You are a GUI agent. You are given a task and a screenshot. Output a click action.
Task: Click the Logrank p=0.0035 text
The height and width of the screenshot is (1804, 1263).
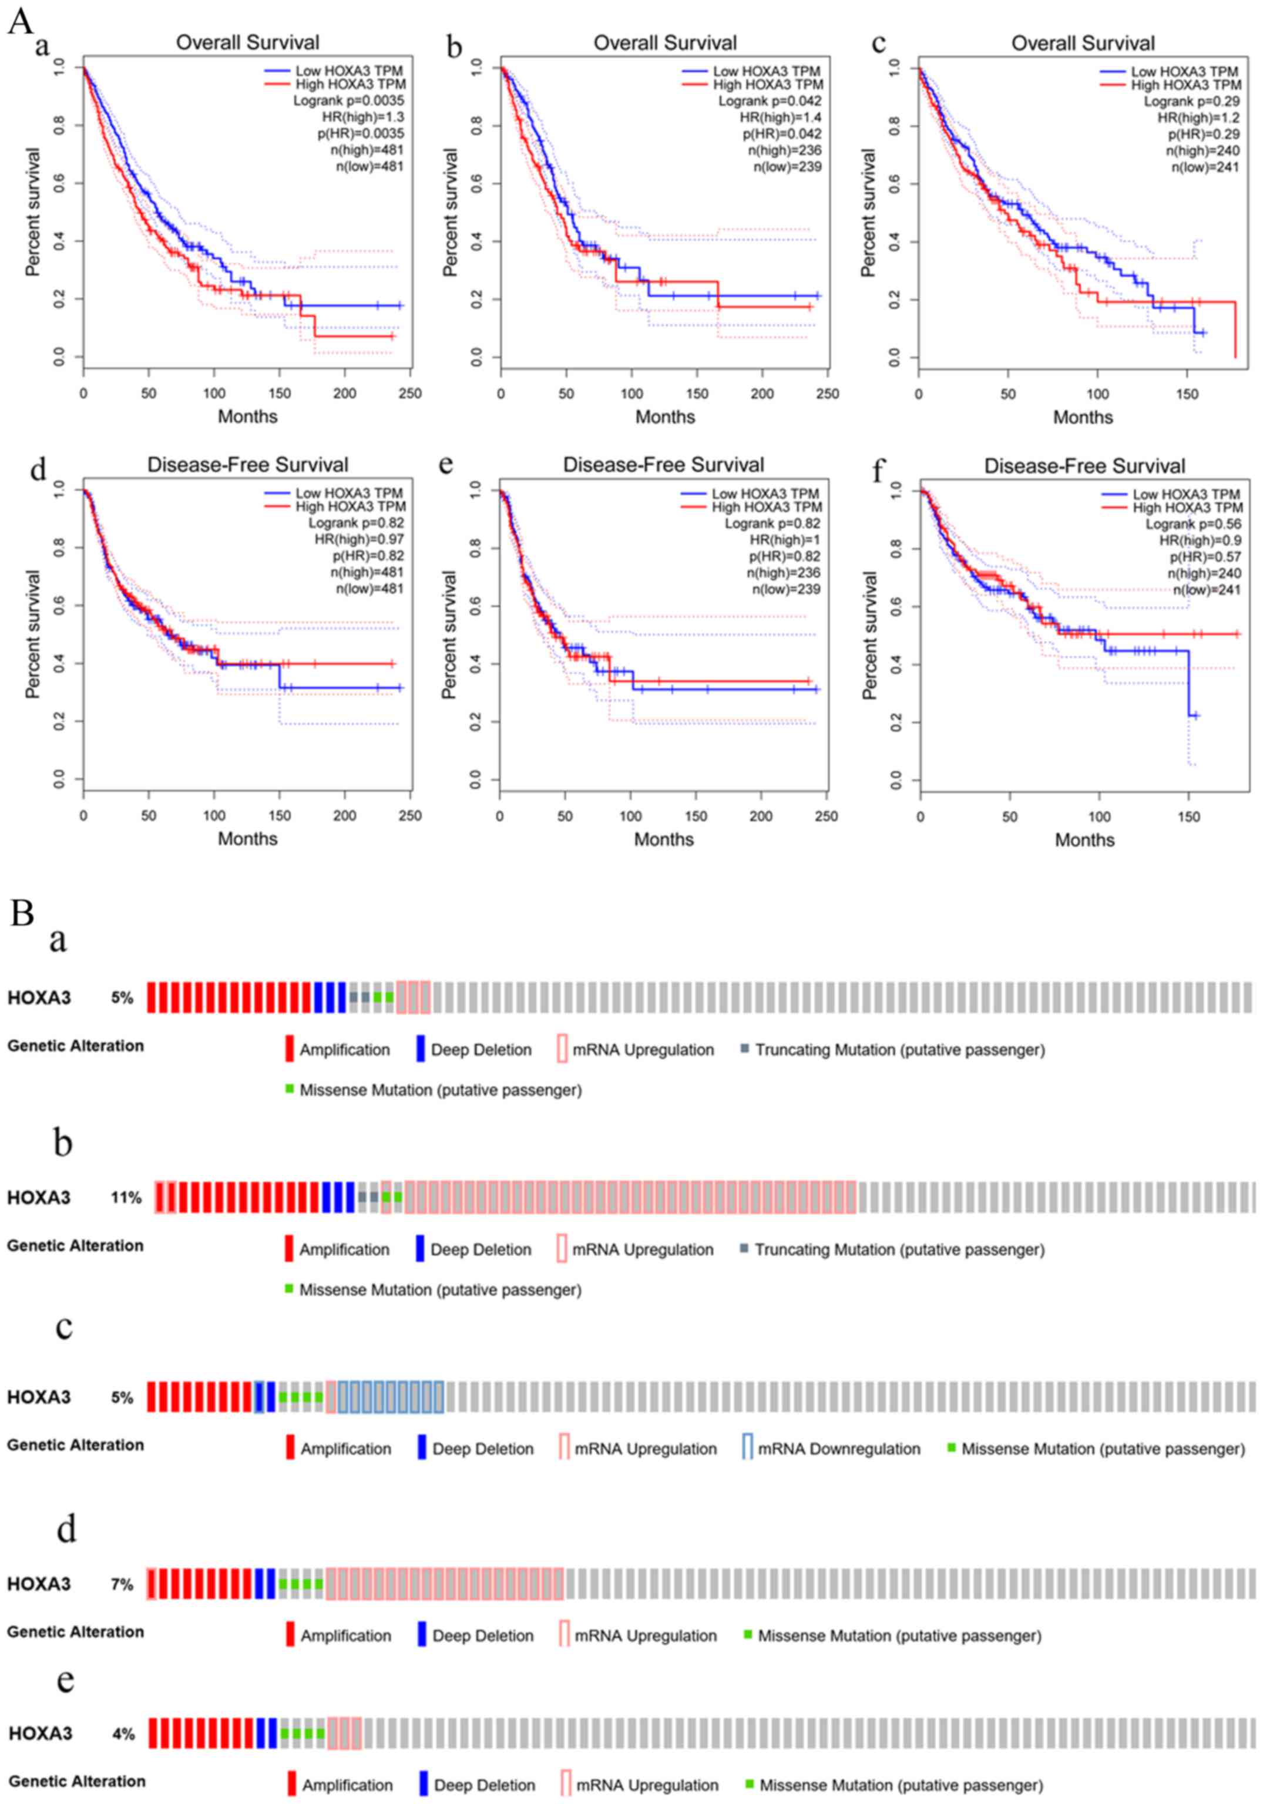pyautogui.click(x=348, y=100)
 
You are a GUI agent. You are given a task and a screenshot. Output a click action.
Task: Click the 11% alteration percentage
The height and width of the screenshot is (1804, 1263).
pyautogui.click(x=126, y=1197)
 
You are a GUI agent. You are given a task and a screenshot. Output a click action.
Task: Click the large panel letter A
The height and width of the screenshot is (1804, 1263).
pyautogui.click(x=21, y=21)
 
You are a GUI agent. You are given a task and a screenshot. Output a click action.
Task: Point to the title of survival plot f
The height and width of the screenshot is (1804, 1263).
pyautogui.click(x=1084, y=466)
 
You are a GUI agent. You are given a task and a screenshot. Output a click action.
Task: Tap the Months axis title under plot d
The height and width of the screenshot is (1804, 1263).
pyautogui.click(x=247, y=838)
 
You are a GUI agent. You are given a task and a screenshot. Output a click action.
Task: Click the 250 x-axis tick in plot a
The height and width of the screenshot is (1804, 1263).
pyautogui.click(x=409, y=393)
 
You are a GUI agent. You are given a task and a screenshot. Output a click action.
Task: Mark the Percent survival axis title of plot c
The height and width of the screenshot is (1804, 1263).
pyautogui.click(x=868, y=212)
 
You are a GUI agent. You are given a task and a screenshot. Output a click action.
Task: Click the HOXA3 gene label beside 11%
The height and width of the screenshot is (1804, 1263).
pyautogui.click(x=39, y=1197)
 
